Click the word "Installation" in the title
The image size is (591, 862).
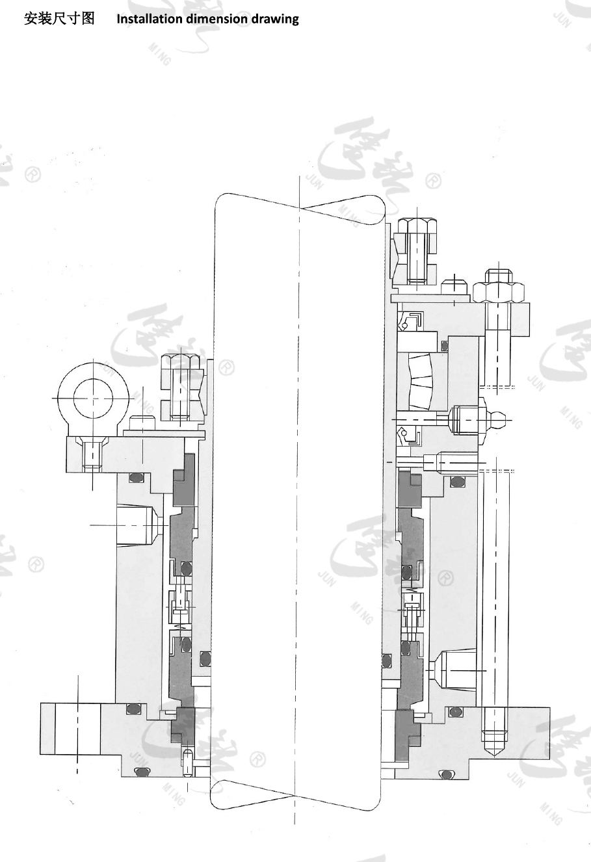click(x=150, y=19)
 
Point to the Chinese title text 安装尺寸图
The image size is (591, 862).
click(x=59, y=18)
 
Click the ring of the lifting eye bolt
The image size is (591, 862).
click(x=92, y=398)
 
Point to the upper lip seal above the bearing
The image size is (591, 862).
click(x=412, y=320)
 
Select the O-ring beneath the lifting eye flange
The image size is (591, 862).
click(x=135, y=478)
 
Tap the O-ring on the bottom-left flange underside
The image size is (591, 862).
click(x=140, y=771)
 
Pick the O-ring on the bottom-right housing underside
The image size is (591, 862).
click(x=445, y=774)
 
